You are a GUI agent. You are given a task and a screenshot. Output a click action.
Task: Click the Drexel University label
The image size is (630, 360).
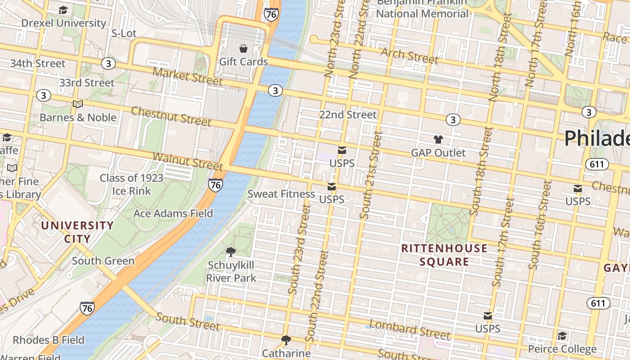click(x=63, y=23)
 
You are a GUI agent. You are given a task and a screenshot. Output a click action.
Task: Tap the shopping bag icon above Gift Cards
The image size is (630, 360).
click(x=243, y=49)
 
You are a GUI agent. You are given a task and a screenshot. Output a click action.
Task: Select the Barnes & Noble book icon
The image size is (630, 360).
click(x=78, y=104)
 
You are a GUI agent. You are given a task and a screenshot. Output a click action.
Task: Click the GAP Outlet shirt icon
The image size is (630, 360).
click(x=438, y=139)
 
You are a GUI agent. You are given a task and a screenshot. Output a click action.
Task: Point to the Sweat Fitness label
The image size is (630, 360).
click(x=281, y=194)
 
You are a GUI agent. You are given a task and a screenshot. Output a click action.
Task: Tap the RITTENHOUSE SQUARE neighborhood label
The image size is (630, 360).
click(x=444, y=255)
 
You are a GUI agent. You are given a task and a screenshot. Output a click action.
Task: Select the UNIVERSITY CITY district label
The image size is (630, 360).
click(x=77, y=232)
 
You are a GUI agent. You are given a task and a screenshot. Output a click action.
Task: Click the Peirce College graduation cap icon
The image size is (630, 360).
click(x=562, y=336)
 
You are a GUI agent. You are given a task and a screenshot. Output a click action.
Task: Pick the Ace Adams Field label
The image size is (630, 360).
click(x=173, y=213)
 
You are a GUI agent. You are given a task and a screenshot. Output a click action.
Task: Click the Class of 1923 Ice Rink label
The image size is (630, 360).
click(x=131, y=184)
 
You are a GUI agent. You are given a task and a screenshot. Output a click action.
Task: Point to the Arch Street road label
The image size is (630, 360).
click(x=409, y=56)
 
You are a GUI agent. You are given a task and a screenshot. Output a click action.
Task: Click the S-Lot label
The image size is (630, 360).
click(x=124, y=33)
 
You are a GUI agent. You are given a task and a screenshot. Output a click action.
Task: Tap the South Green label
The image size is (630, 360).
click(x=103, y=261)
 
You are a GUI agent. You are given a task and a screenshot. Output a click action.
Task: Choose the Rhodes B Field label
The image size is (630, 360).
click(x=48, y=340)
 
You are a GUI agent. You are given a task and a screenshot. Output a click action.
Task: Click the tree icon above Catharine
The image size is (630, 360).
click(x=286, y=340)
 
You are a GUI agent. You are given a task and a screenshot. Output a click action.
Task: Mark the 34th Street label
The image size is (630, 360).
click(x=38, y=63)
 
